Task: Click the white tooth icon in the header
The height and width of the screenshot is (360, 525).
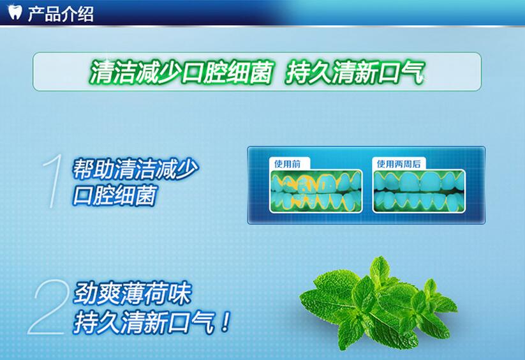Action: (x=15, y=12)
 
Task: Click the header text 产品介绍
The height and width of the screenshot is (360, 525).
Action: (x=61, y=14)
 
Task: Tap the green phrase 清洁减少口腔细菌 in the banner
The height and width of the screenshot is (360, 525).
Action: (x=181, y=71)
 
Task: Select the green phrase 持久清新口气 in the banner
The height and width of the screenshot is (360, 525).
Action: (x=355, y=71)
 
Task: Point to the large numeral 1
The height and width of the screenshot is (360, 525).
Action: (x=54, y=181)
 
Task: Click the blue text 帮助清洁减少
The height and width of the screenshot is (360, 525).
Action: (x=135, y=169)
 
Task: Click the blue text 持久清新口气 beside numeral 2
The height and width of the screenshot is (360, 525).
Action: (x=144, y=322)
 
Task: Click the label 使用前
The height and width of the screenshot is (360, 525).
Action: (x=288, y=164)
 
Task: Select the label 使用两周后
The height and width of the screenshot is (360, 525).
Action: (x=399, y=164)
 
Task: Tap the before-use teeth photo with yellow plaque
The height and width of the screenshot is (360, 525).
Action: (x=316, y=191)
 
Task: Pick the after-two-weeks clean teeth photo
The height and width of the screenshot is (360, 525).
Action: (x=419, y=191)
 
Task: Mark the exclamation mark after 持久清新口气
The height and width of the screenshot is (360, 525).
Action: (x=226, y=322)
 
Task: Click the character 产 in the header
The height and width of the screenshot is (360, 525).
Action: (x=36, y=14)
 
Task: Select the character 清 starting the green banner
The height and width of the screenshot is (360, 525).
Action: (x=100, y=71)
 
